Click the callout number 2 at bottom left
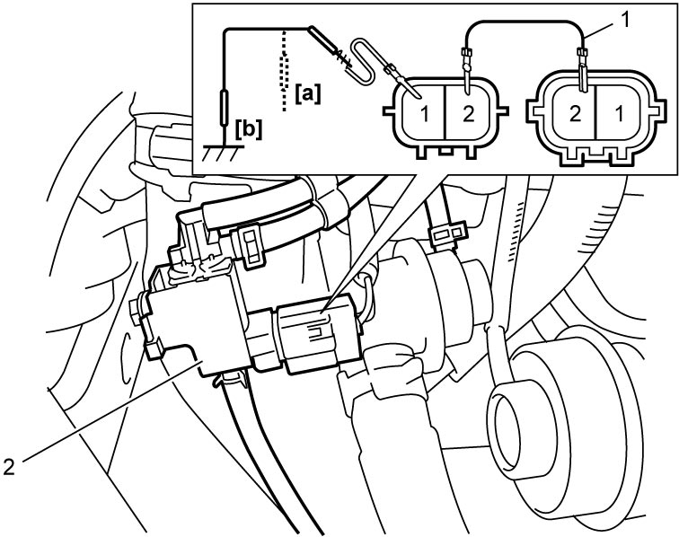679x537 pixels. click(9, 466)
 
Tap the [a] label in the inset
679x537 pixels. click(308, 94)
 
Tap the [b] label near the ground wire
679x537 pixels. click(249, 129)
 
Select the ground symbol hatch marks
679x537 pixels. click(223, 153)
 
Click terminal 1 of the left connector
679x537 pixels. click(425, 114)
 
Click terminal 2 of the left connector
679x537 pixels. click(468, 114)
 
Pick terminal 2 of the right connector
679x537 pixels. click(575, 114)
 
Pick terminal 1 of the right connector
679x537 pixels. click(620, 114)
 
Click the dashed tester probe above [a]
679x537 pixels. click(284, 69)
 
